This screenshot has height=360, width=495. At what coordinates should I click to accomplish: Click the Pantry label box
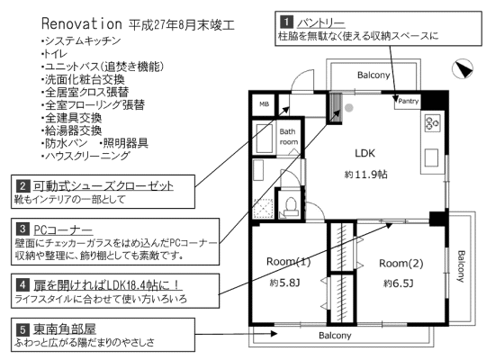click(407, 102)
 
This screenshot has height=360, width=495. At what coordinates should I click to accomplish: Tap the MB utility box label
click(264, 103)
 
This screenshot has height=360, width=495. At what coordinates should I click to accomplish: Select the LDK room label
click(364, 153)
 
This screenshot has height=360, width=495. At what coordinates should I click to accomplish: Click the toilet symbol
click(291, 206)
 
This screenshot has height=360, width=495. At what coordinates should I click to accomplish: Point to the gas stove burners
click(432, 122)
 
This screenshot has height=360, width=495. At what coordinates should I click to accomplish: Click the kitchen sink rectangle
click(431, 157)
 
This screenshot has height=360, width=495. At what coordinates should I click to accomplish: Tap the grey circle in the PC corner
click(348, 108)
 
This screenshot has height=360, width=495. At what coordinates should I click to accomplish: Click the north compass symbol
click(463, 68)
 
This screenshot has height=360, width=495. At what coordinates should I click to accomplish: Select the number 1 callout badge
click(286, 22)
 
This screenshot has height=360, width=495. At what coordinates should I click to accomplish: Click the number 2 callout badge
click(22, 185)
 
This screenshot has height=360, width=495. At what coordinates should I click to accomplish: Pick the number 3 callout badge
click(22, 229)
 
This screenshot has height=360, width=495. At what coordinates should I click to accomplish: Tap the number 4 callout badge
click(22, 284)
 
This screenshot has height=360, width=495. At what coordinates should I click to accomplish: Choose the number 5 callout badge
click(22, 329)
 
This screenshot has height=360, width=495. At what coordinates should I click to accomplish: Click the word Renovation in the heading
click(81, 23)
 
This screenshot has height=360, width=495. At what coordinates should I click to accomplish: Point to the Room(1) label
click(289, 262)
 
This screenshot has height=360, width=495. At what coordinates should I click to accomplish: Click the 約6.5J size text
click(398, 283)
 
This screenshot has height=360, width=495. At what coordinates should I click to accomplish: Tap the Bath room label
click(289, 137)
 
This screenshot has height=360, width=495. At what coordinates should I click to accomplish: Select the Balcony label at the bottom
click(335, 336)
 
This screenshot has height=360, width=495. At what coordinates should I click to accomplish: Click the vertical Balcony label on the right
click(461, 266)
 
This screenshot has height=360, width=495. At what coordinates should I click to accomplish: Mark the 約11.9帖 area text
click(366, 175)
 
